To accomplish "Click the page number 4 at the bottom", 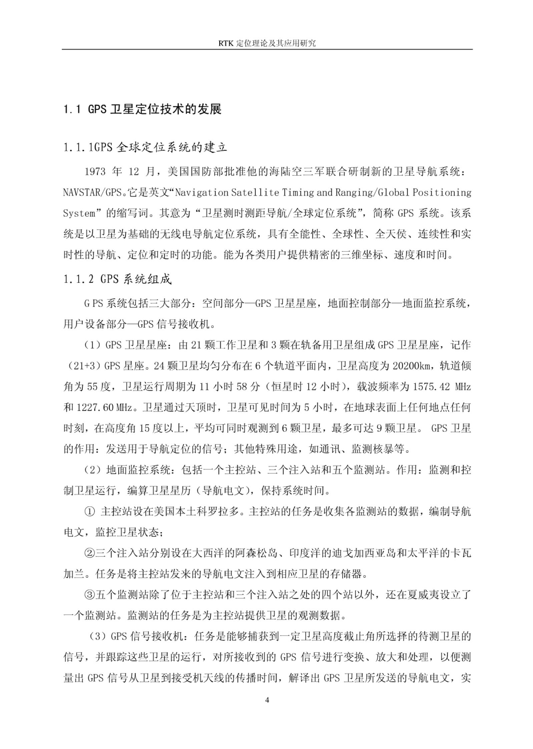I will pyautogui.click(x=266, y=699).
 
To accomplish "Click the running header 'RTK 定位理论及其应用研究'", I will pyautogui.click(x=267, y=43).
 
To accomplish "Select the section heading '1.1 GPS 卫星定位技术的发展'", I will pyautogui.click(x=142, y=109).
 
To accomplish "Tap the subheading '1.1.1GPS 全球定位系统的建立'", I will pyautogui.click(x=145, y=147).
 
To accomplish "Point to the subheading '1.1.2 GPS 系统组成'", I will pyautogui.click(x=117, y=279).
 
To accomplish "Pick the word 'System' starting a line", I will pyautogui.click(x=79, y=213).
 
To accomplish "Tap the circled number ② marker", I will pyautogui.click(x=90, y=553).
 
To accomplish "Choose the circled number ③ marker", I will pyautogui.click(x=90, y=595).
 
